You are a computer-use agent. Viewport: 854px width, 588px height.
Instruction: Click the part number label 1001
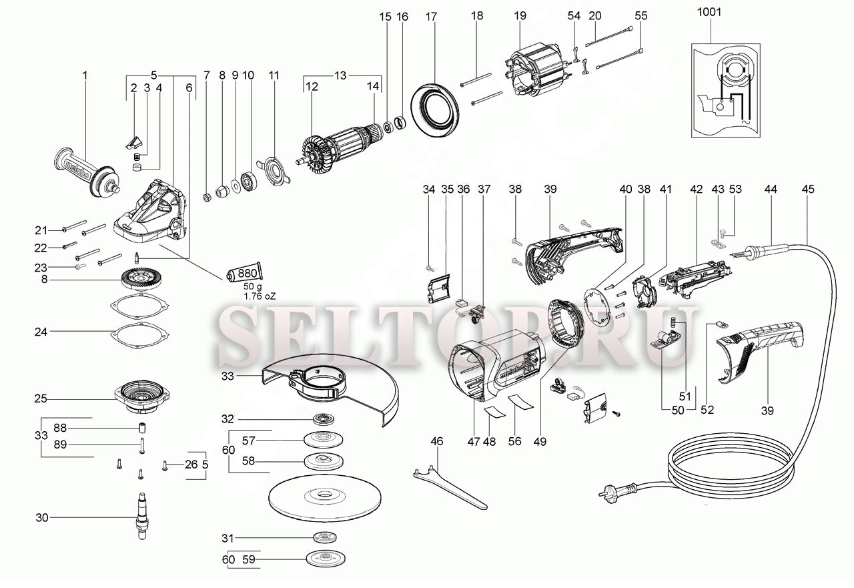pyautogui.click(x=709, y=12)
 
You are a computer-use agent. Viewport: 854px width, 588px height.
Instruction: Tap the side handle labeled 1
pyautogui.click(x=86, y=172)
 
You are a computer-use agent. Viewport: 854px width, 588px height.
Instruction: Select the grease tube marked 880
pyautogui.click(x=245, y=273)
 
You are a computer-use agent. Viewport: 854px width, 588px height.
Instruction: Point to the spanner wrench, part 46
pyautogui.click(x=450, y=487)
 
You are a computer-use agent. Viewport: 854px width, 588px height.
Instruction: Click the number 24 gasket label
pyautogui.click(x=41, y=332)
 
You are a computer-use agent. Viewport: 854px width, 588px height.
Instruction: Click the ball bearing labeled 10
pyautogui.click(x=250, y=182)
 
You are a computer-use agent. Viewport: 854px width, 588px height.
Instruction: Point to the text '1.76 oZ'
pyautogui.click(x=260, y=296)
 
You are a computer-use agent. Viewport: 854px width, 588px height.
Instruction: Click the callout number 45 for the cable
pyautogui.click(x=808, y=189)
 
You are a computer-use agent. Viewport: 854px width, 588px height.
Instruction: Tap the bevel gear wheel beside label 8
pyautogui.click(x=143, y=280)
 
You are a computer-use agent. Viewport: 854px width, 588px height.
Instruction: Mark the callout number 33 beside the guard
pyautogui.click(x=228, y=376)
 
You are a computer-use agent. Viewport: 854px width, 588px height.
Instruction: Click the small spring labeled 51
pyautogui.click(x=674, y=322)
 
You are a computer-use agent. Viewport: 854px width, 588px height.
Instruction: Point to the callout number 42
pyautogui.click(x=696, y=189)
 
